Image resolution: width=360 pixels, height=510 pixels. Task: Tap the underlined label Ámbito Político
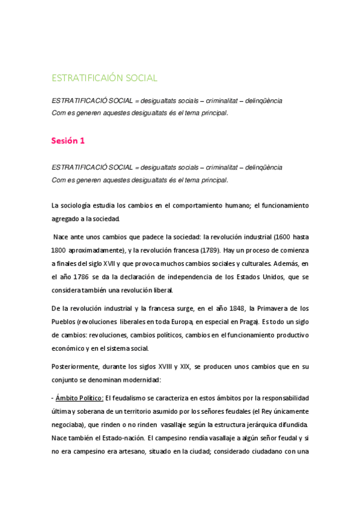point(79,398)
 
